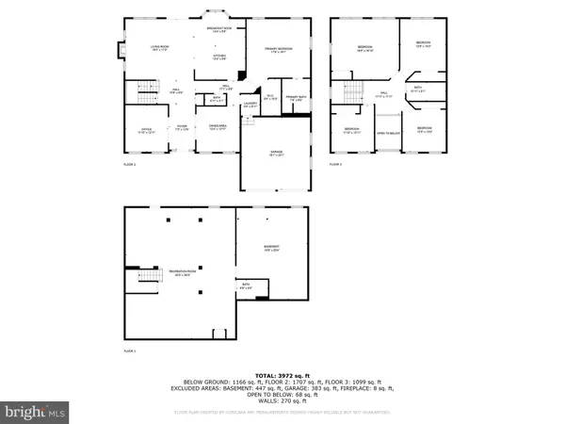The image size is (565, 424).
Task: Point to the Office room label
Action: [146, 131]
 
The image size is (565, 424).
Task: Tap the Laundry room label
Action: [250, 106]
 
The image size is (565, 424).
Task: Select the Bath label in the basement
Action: [245, 285]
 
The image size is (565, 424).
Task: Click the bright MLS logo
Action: [35, 412]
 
